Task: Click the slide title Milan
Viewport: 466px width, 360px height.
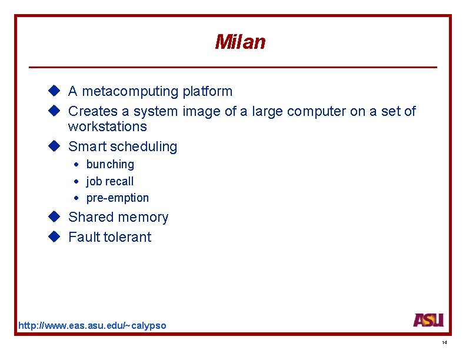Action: click(x=240, y=42)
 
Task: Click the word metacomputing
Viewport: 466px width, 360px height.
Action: click(x=130, y=92)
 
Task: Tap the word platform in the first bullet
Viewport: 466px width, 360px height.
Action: click(x=207, y=92)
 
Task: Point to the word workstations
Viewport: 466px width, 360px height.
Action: click(x=107, y=126)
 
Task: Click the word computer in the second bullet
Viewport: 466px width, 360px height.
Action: click(x=317, y=111)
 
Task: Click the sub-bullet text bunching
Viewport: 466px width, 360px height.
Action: click(x=110, y=165)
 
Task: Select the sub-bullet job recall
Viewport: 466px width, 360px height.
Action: click(x=110, y=181)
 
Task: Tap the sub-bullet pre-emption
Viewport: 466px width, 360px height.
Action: click(x=118, y=198)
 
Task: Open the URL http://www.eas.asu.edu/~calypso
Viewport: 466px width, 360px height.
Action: click(x=92, y=325)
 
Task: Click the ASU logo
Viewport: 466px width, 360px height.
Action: click(x=428, y=320)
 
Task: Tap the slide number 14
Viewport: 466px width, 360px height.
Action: click(x=444, y=343)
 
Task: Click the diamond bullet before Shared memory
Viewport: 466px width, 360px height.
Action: click(x=55, y=216)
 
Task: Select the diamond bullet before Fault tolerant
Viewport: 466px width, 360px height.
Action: click(x=55, y=236)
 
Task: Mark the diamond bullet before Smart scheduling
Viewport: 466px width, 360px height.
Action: click(x=55, y=146)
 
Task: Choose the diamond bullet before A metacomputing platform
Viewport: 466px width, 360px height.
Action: click(x=55, y=91)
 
